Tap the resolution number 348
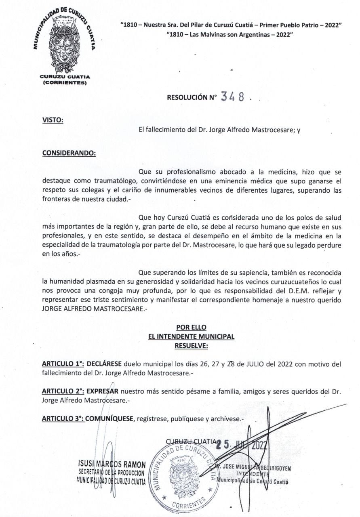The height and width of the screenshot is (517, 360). [233, 97]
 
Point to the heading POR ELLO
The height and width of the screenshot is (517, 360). [191, 328]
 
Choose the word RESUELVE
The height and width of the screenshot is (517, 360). [191, 345]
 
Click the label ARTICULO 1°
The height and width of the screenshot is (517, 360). [62, 364]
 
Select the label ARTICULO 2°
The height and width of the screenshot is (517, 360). [62, 391]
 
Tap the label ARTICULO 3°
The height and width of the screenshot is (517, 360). [62, 419]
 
